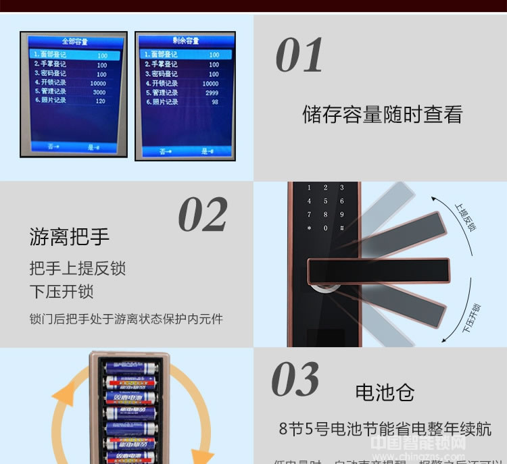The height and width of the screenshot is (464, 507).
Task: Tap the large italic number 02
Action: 203,215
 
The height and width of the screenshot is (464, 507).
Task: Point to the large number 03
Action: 295,380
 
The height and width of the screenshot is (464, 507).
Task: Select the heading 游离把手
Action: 70,237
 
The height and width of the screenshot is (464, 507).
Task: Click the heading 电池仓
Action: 385,392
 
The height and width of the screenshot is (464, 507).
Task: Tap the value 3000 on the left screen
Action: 99,92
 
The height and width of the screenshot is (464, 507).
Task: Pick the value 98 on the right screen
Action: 215,102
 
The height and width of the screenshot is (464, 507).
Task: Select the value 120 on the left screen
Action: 101,101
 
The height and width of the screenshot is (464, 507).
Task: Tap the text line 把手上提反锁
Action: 78,268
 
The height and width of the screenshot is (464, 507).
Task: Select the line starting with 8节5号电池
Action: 385,429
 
